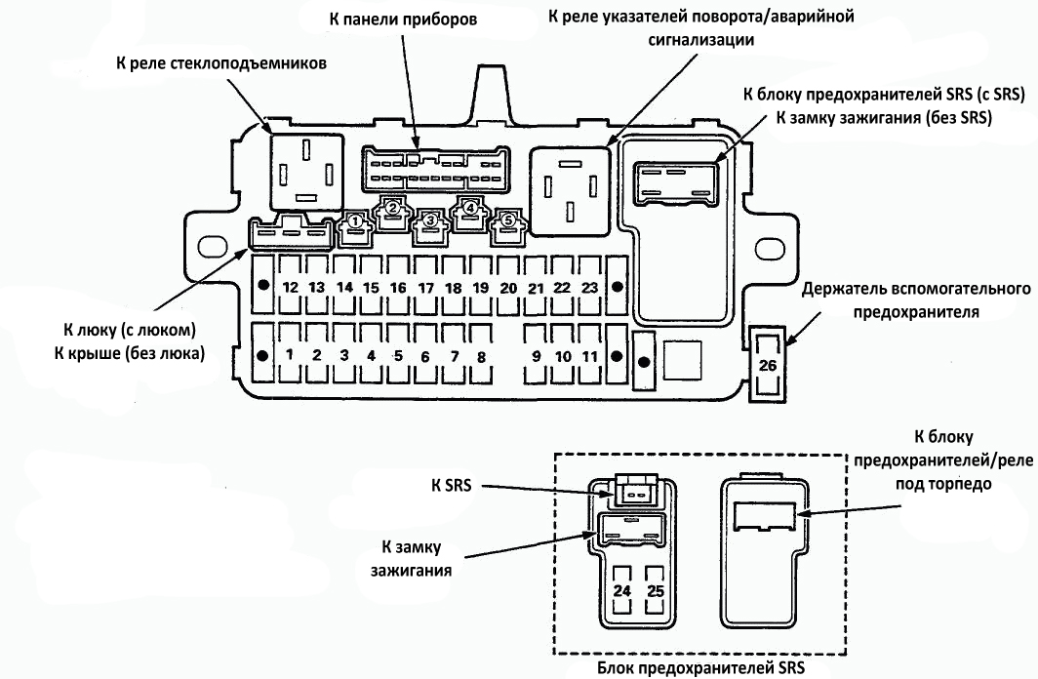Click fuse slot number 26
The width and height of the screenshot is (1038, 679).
(768, 365)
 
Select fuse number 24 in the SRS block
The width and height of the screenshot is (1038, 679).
(621, 589)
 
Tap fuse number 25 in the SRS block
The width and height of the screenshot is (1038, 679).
(655, 589)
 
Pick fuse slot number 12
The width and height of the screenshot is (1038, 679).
(290, 285)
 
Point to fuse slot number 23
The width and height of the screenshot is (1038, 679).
(589, 285)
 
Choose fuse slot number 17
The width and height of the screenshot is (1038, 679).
(425, 285)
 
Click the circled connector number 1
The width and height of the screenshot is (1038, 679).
(355, 221)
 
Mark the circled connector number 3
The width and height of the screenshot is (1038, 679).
(430, 220)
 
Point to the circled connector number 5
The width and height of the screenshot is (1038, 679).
(507, 220)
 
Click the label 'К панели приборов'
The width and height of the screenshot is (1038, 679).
(403, 20)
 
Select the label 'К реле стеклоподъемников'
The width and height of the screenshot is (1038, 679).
(221, 63)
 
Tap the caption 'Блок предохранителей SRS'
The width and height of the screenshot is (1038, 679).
(701, 667)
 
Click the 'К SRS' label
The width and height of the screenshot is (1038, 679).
(452, 485)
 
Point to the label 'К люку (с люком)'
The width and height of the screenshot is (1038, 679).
(130, 330)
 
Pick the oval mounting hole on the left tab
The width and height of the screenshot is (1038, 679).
(213, 247)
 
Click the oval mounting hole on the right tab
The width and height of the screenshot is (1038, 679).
(770, 250)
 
